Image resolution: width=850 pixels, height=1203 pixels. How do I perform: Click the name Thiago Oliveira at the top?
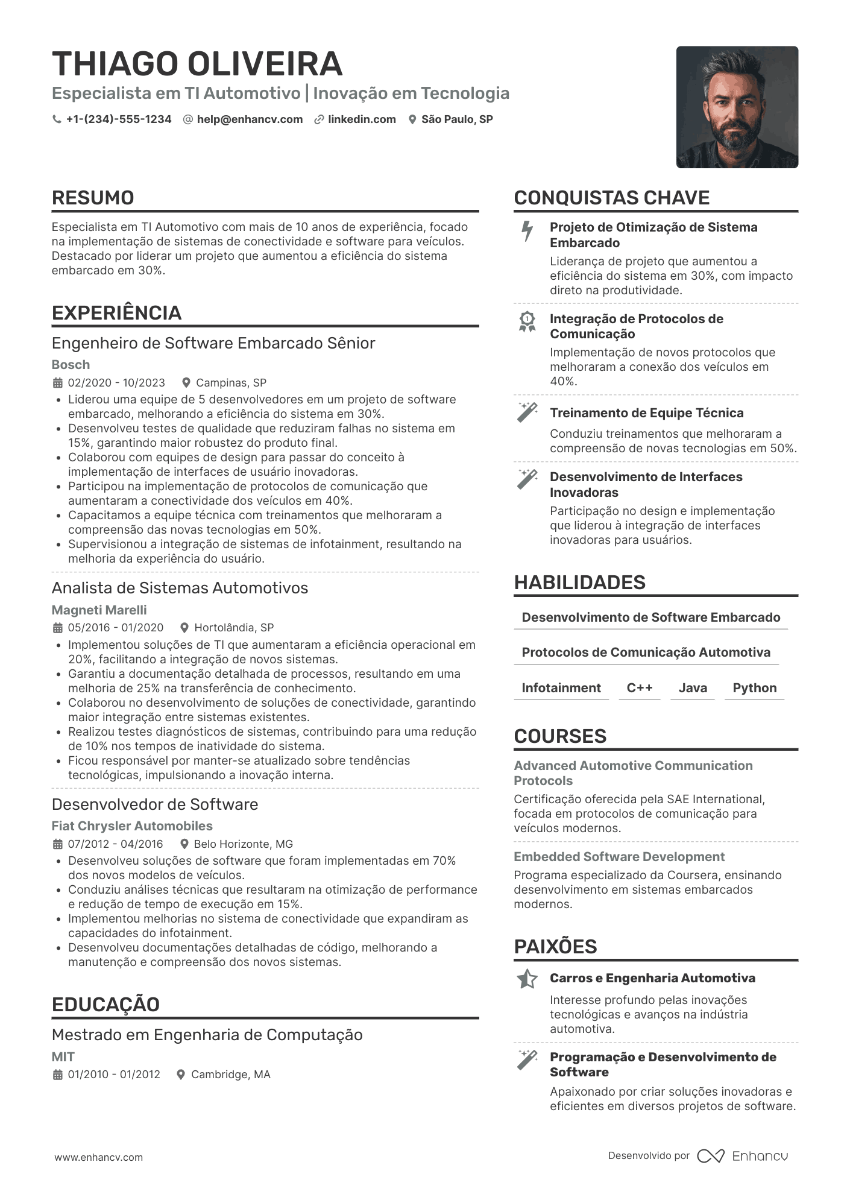tap(197, 64)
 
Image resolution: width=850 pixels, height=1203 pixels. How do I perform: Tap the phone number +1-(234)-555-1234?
tap(119, 119)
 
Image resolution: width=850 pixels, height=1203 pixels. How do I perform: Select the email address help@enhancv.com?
tap(250, 119)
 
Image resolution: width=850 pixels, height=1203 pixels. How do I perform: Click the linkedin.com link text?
tap(362, 119)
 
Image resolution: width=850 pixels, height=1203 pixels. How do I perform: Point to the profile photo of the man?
tap(737, 107)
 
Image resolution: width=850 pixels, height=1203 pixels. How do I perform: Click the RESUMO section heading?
tap(93, 198)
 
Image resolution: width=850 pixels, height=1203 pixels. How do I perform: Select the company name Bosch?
tap(71, 365)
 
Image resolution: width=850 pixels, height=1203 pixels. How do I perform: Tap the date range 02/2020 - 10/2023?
tap(116, 383)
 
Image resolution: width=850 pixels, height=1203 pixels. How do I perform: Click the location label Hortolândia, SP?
tap(234, 628)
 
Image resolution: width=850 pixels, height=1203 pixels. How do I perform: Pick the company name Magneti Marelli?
tap(99, 610)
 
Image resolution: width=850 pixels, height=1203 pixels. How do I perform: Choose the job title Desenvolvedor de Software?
tap(155, 804)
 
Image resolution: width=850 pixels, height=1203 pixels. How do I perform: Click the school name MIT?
tap(63, 1056)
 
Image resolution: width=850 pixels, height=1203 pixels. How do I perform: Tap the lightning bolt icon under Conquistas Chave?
tap(527, 231)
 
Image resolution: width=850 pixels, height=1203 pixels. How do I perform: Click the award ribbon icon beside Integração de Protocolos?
tap(527, 322)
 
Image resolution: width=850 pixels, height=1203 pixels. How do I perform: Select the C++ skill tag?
tap(640, 688)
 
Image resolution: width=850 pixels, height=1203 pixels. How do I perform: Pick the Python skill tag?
tap(754, 688)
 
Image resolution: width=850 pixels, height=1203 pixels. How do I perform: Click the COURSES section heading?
tap(560, 736)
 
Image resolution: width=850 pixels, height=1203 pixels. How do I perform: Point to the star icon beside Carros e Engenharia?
tap(527, 979)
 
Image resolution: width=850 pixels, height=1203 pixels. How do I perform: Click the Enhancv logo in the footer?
tap(743, 1156)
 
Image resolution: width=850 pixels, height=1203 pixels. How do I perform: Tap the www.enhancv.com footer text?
tap(99, 1157)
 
